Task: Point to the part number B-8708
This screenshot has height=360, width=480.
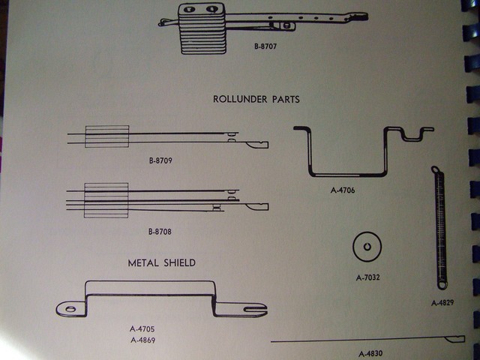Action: coord(160,232)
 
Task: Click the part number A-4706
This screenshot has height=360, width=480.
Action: coord(343,190)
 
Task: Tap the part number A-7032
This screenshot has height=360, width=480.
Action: coord(368,277)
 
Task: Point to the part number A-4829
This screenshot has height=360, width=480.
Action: coord(442,303)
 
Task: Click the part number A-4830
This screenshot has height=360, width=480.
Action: coord(370,353)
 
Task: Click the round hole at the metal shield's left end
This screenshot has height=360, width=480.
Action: coord(70,307)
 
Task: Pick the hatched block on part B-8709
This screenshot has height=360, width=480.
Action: coord(107,136)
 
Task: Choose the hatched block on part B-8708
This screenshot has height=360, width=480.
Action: coord(107,200)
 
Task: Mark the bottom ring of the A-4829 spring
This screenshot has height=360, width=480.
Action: coord(442,284)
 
